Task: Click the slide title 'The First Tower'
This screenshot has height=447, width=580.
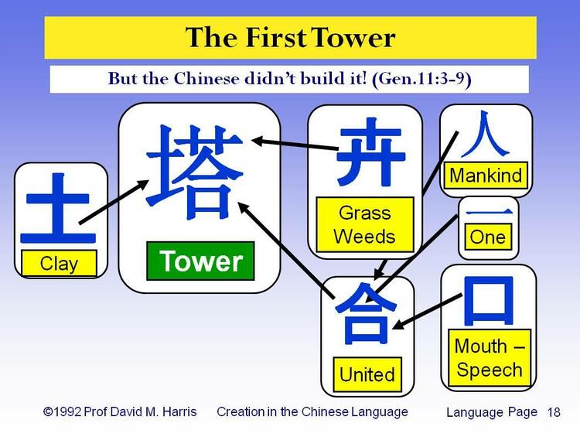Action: pyautogui.click(x=290, y=37)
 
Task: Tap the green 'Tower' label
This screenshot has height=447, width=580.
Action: pyautogui.click(x=200, y=261)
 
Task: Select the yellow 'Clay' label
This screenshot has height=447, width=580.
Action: pyautogui.click(x=59, y=264)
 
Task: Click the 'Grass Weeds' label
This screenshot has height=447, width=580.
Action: pyautogui.click(x=365, y=223)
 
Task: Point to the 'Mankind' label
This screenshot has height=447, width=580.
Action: pyautogui.click(x=486, y=175)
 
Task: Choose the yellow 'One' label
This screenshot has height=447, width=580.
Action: pyautogui.click(x=487, y=236)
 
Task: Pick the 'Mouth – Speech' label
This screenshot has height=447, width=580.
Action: pyautogui.click(x=488, y=357)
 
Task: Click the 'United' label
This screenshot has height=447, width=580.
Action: pyautogui.click(x=367, y=374)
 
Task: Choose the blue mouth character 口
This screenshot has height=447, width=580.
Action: pyautogui.click(x=487, y=300)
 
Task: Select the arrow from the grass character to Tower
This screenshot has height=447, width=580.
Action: pyautogui.click(x=294, y=144)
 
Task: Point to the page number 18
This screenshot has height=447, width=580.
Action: pyautogui.click(x=554, y=412)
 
